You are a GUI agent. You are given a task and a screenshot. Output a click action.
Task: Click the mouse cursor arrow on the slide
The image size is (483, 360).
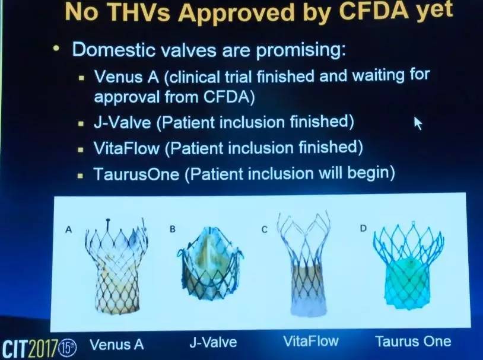click(x=417, y=123)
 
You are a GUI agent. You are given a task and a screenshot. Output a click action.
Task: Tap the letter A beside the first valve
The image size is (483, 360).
click(x=69, y=230)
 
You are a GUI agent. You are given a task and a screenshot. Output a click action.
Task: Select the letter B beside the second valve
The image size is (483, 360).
click(x=173, y=230)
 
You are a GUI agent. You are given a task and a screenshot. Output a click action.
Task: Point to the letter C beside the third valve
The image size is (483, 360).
click(x=264, y=230)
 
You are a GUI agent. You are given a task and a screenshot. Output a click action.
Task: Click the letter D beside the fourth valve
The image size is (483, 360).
click(x=364, y=228)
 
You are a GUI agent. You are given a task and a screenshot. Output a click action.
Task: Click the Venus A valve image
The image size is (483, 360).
click(x=116, y=265)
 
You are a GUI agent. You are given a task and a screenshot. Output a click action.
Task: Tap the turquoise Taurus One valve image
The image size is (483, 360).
click(x=408, y=266)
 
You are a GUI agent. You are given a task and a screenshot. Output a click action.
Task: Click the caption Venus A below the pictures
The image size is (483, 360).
click(x=117, y=345)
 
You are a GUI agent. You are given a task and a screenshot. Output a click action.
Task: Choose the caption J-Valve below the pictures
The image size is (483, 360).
click(x=213, y=342)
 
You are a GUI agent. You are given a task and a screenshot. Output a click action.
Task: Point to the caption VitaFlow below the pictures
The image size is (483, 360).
click(x=311, y=341)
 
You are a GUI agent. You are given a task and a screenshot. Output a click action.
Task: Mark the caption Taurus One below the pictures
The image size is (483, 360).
click(x=413, y=342)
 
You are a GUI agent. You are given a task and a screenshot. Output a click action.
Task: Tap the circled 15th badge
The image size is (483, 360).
click(x=68, y=348)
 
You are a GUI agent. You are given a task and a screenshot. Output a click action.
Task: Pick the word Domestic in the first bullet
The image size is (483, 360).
click(x=113, y=49)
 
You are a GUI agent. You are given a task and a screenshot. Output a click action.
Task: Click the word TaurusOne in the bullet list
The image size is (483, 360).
click(x=136, y=174)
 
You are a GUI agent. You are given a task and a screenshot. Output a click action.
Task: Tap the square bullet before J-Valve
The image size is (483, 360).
click(x=81, y=124)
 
